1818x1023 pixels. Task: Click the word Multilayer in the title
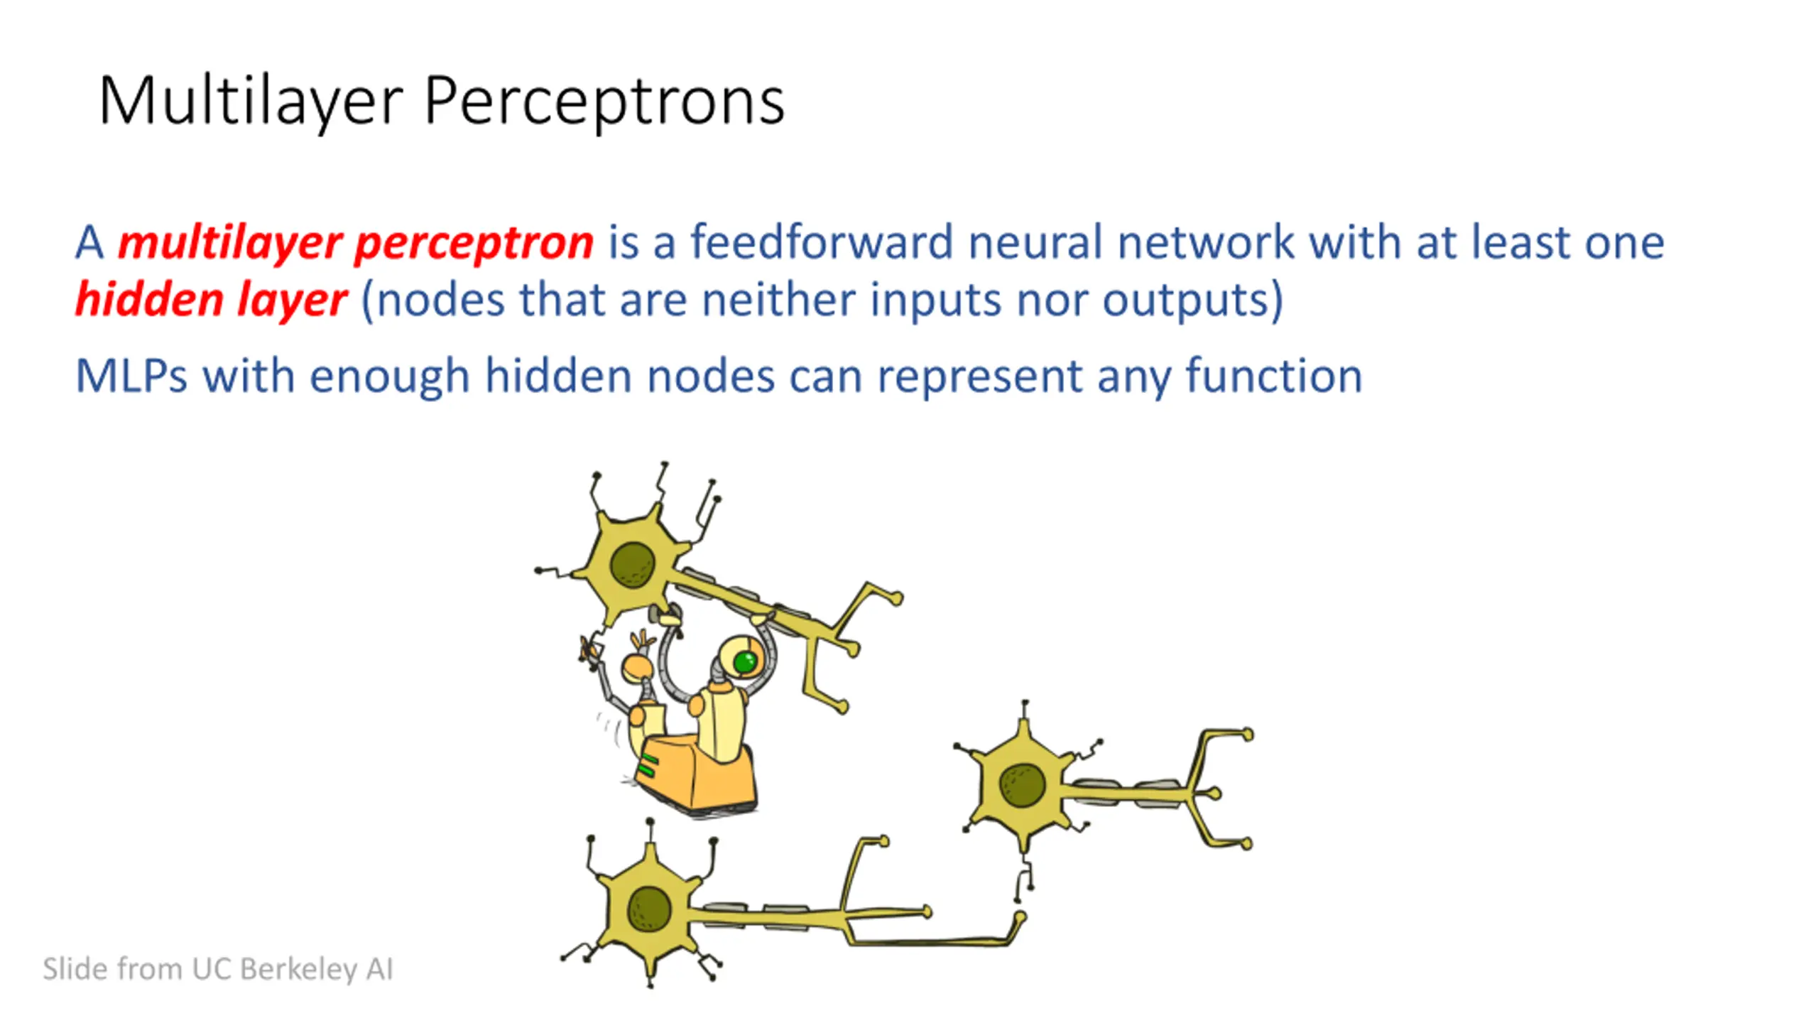[251, 102]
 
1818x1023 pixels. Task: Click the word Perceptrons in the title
[604, 102]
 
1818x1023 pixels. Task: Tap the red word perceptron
[474, 243]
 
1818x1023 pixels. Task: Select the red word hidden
[150, 299]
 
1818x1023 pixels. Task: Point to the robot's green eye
[745, 662]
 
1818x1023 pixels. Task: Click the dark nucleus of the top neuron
[632, 565]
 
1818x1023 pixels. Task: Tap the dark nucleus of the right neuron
[1022, 785]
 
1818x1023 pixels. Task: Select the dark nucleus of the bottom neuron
[649, 909]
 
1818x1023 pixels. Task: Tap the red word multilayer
[231, 243]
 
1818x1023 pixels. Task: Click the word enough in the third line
[390, 377]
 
